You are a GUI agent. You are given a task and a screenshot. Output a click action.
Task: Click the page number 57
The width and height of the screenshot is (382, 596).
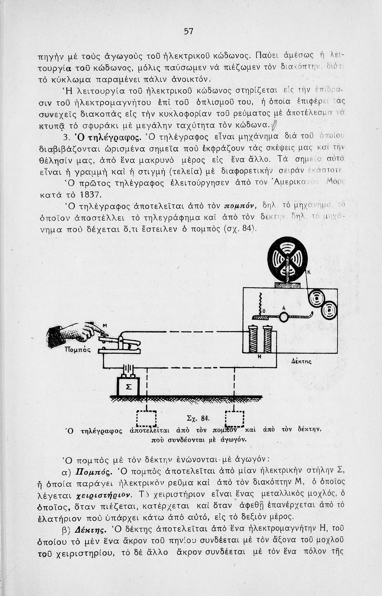pos(189,31)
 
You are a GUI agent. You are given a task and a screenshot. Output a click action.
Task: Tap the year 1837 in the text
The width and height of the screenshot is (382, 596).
pos(91,195)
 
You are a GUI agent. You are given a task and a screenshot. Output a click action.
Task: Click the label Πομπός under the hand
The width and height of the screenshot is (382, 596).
pos(78,350)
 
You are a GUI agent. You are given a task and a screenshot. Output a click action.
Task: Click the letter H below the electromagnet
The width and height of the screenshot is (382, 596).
pos(259,356)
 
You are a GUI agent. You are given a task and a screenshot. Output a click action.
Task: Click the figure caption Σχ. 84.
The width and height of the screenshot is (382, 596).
pos(197,418)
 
